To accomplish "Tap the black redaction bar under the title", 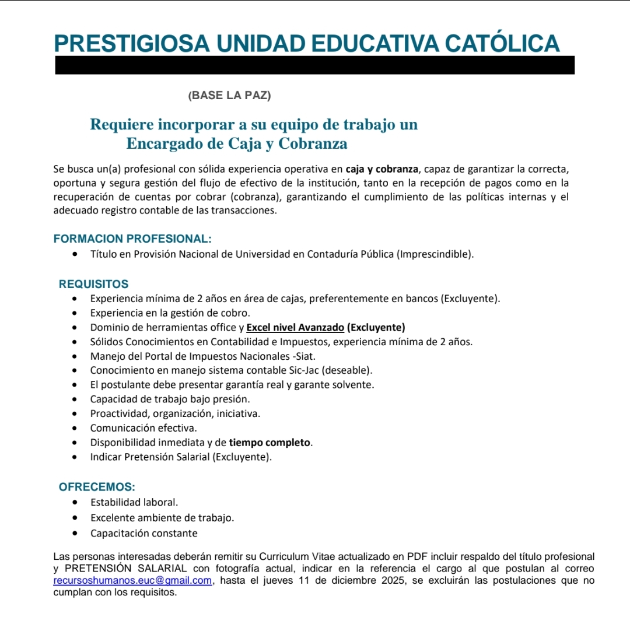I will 315,65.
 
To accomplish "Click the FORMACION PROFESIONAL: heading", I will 132,239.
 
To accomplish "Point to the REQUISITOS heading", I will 93,285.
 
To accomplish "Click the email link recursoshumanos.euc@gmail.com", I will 132,581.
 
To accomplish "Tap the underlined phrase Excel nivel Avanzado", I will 295,327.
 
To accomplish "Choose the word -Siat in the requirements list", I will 307,356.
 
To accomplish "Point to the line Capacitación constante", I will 144,533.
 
